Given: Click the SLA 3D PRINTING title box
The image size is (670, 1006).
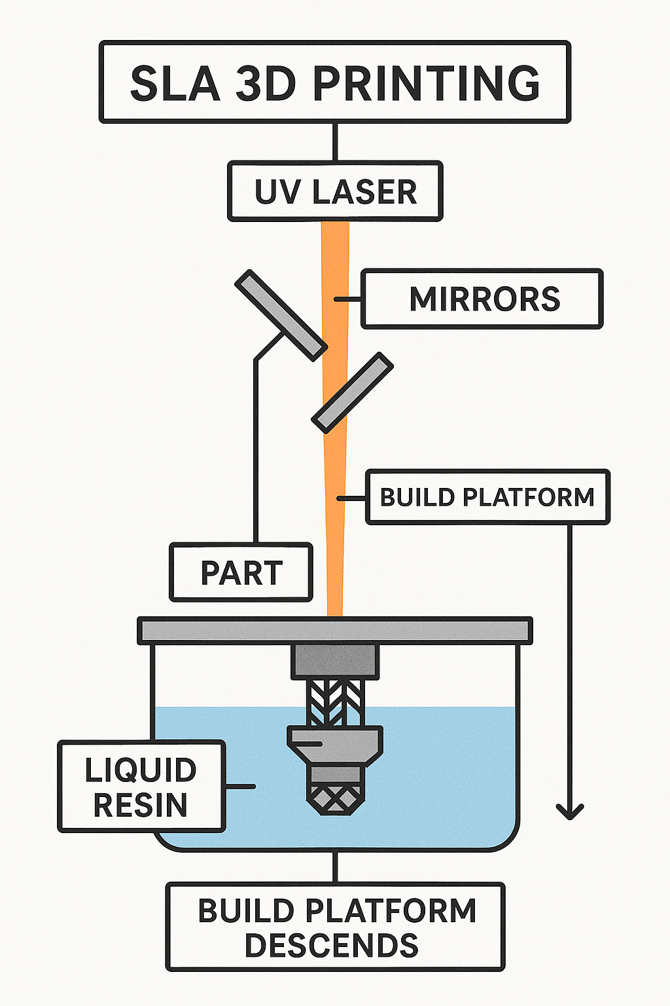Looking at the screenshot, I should (335, 82).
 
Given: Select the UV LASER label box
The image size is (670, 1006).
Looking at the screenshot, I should (335, 191).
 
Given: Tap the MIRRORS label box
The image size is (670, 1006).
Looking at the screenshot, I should (482, 299).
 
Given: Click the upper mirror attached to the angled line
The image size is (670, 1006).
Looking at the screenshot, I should (280, 315).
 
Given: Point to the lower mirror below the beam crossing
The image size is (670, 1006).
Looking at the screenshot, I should (353, 393).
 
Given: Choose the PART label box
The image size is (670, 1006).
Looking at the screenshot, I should (241, 572).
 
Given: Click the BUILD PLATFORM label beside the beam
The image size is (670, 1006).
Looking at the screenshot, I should (487, 497).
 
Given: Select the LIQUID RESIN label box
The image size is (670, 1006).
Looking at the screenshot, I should (141, 787).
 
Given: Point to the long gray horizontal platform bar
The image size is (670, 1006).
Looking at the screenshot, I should (335, 631).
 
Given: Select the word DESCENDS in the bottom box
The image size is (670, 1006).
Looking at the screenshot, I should (331, 946).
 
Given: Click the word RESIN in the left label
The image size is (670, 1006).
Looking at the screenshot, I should (141, 805).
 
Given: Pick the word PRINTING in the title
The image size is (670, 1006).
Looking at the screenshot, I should (426, 83).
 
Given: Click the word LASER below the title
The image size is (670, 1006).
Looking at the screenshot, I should (364, 192).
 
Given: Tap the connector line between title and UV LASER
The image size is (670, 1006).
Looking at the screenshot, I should (335, 142).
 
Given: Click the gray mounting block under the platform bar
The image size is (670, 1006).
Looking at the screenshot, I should (335, 661).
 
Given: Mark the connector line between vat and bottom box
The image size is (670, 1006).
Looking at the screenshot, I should (335, 867).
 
